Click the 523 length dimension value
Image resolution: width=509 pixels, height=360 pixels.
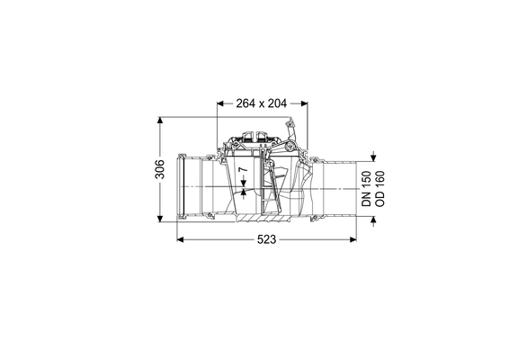(266, 239)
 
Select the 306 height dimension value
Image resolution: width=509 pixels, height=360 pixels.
(160, 169)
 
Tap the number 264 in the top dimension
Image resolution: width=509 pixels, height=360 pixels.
(246, 103)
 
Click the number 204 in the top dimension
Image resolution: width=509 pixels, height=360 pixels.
(277, 103)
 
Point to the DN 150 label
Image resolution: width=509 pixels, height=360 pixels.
(367, 189)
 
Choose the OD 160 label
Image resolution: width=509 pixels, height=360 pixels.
(380, 189)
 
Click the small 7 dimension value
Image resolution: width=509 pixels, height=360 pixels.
(243, 169)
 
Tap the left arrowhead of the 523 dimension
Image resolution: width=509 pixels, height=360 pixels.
(181, 239)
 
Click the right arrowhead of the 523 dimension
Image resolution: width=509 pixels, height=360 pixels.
(353, 239)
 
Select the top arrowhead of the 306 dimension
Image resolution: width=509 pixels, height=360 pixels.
(160, 120)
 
